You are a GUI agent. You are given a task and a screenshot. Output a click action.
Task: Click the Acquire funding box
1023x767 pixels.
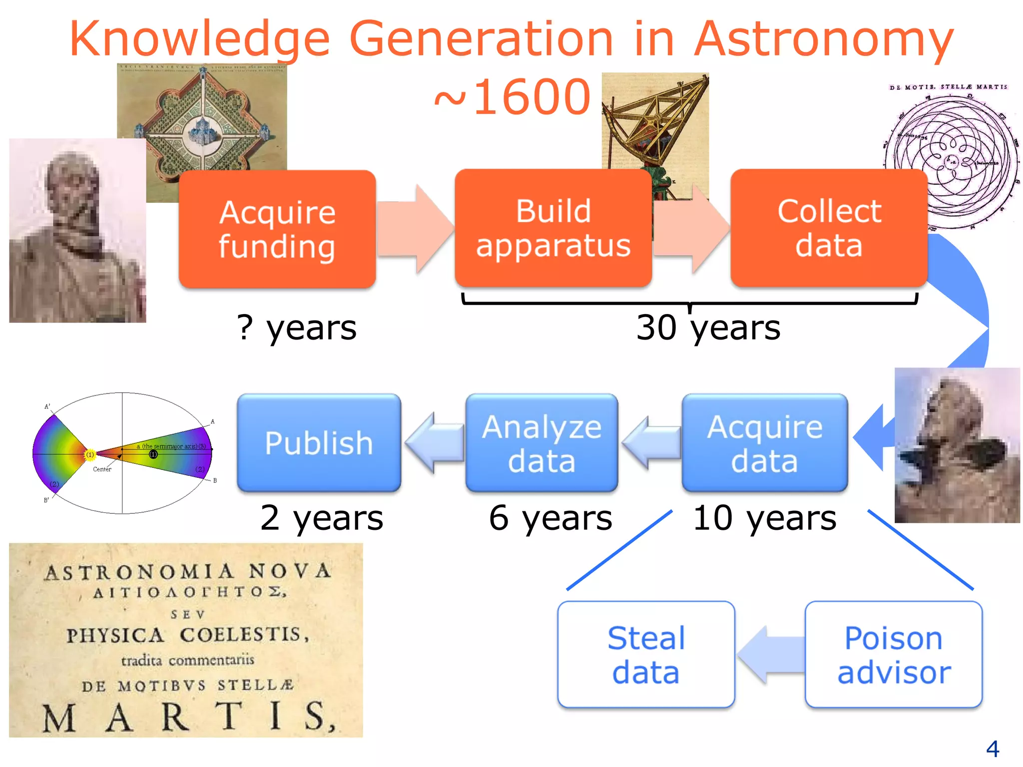[277, 229]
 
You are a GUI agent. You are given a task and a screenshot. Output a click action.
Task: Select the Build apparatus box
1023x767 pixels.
[553, 228]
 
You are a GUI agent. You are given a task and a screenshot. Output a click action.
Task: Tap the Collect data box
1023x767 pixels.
[829, 228]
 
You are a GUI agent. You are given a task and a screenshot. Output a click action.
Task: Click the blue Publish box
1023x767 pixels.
[319, 442]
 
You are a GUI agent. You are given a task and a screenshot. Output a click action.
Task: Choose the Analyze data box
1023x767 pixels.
[541, 442]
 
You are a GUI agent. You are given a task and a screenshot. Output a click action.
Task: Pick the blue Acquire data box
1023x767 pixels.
[764, 442]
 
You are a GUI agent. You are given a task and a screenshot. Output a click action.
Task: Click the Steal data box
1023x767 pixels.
[646, 654]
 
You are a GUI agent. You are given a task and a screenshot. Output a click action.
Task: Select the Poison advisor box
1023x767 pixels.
[893, 654]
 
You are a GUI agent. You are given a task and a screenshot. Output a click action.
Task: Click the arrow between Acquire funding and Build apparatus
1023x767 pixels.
[415, 229]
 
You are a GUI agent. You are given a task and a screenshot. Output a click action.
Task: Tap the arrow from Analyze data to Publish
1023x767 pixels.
[434, 442]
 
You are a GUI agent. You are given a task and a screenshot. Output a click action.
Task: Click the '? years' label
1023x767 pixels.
[297, 328]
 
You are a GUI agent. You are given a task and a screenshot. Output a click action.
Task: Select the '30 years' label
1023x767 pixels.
[708, 328]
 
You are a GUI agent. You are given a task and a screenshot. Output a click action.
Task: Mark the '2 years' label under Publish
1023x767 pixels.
[322, 518]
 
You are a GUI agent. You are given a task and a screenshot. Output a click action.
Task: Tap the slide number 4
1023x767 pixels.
[992, 749]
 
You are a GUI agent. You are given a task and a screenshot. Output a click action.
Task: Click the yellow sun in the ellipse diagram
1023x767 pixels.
[90, 454]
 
